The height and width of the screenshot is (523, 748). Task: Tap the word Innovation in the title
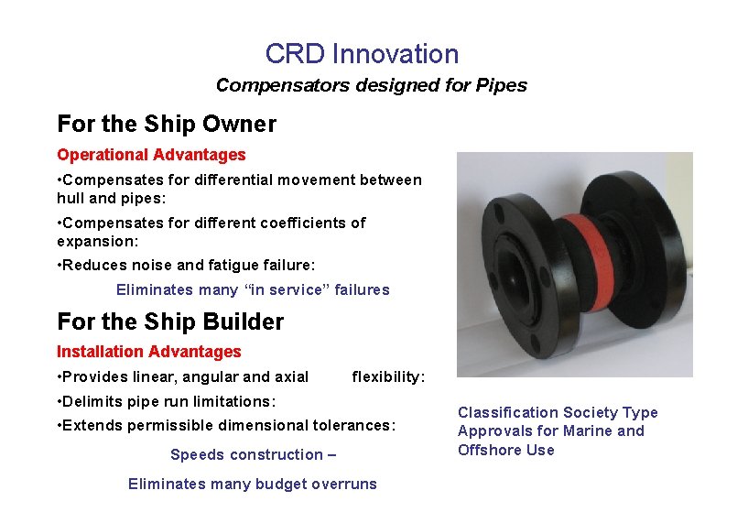coord(396,54)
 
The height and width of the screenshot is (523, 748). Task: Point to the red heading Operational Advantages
coord(151,155)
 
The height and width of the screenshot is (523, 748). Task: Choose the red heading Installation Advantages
coord(149,352)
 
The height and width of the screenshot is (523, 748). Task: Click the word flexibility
coord(388,376)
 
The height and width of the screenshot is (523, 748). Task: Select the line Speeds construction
coord(253,454)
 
